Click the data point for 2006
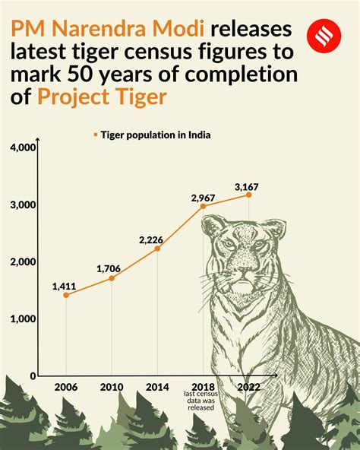[65, 295]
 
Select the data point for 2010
[112, 278]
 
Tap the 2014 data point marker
[157, 249]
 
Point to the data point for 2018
[203, 206]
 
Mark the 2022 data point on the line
[248, 195]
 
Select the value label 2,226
[151, 239]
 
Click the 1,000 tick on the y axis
[24, 319]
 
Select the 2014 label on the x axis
[157, 387]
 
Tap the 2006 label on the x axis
[65, 387]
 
